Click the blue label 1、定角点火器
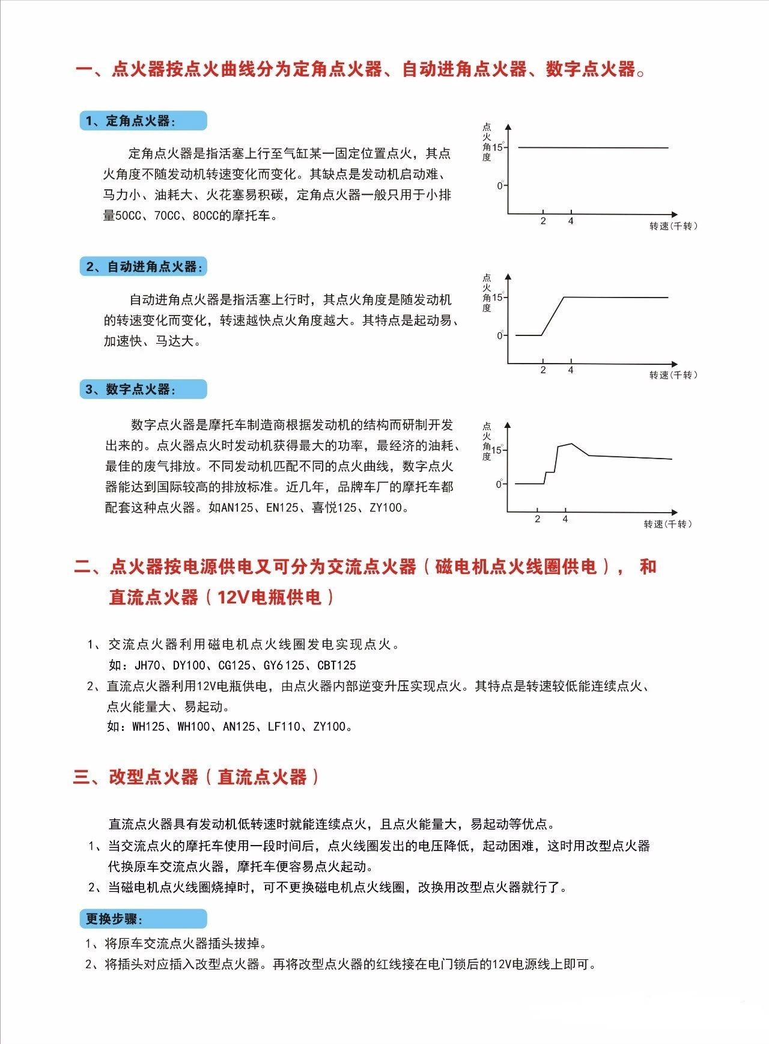tap(143, 121)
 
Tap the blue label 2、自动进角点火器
tap(143, 267)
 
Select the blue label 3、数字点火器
tap(143, 389)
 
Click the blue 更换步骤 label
tap(143, 919)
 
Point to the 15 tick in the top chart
tap(498, 147)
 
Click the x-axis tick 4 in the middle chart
tap(571, 370)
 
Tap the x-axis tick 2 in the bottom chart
tap(538, 519)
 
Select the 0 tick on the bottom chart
tap(499, 484)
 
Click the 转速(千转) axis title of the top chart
tap(673, 226)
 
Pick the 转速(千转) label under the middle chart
tap(673, 375)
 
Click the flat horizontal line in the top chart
tap(592, 147)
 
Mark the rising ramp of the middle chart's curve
tap(553, 316)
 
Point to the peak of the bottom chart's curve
tap(571, 444)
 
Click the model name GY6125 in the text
tap(285, 665)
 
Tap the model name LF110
tap(284, 727)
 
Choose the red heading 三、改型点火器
tap(196, 777)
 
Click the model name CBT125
tap(336, 665)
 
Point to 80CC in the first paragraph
tap(205, 215)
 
